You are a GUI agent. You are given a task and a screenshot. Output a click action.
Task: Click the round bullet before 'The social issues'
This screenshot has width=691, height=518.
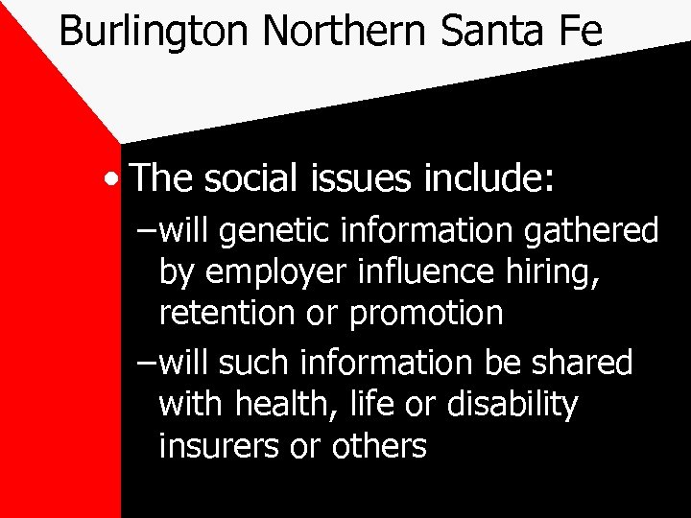pos(115,178)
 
